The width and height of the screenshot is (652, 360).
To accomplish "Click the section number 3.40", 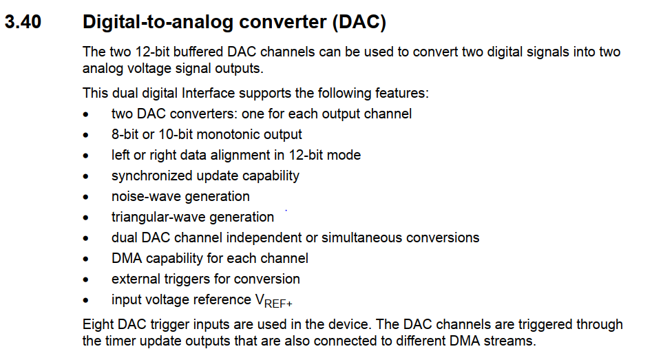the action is pyautogui.click(x=23, y=22).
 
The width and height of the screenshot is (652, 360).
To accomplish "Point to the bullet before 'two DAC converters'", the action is pyautogui.click(x=85, y=114).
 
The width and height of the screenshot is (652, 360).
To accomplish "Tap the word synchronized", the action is pyautogui.click(x=151, y=176).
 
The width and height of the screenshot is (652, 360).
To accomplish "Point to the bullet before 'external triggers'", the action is pyautogui.click(x=85, y=279).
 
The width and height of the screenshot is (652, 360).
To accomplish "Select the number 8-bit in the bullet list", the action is pyautogui.click(x=125, y=135).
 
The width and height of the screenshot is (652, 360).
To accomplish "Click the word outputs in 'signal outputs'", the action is pyautogui.click(x=239, y=69).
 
